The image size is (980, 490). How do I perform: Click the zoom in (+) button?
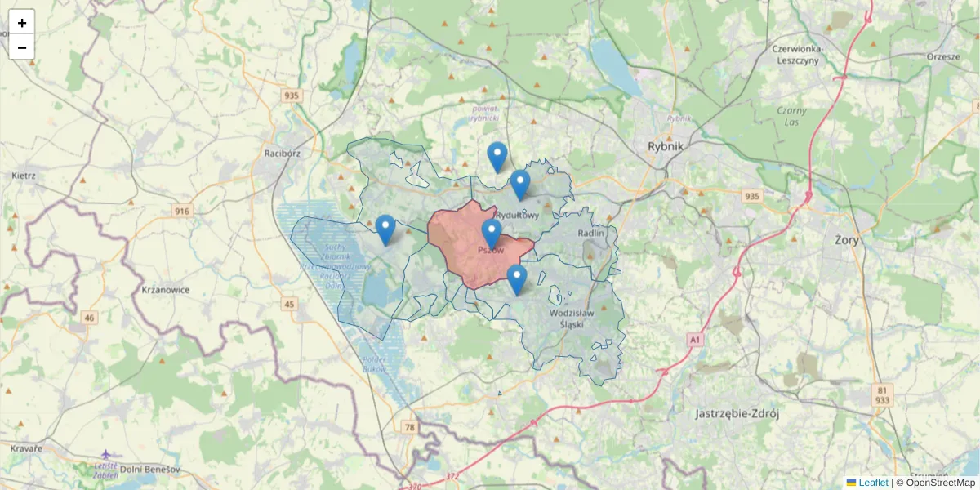22,23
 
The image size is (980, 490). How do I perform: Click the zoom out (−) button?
22,47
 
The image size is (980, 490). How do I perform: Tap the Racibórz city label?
283,153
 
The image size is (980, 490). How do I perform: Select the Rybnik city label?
670,146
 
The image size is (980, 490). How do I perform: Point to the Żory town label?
846,241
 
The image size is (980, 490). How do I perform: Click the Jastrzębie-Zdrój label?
737,413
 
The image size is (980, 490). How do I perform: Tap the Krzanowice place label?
166,290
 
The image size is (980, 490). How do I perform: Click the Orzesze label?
944,56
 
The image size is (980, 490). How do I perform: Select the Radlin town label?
590,233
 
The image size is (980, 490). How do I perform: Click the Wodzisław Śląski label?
578,318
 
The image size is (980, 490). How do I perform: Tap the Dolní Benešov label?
149,470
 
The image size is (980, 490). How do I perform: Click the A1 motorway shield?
695,338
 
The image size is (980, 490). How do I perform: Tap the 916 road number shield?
181,212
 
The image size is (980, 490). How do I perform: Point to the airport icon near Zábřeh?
107,454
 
